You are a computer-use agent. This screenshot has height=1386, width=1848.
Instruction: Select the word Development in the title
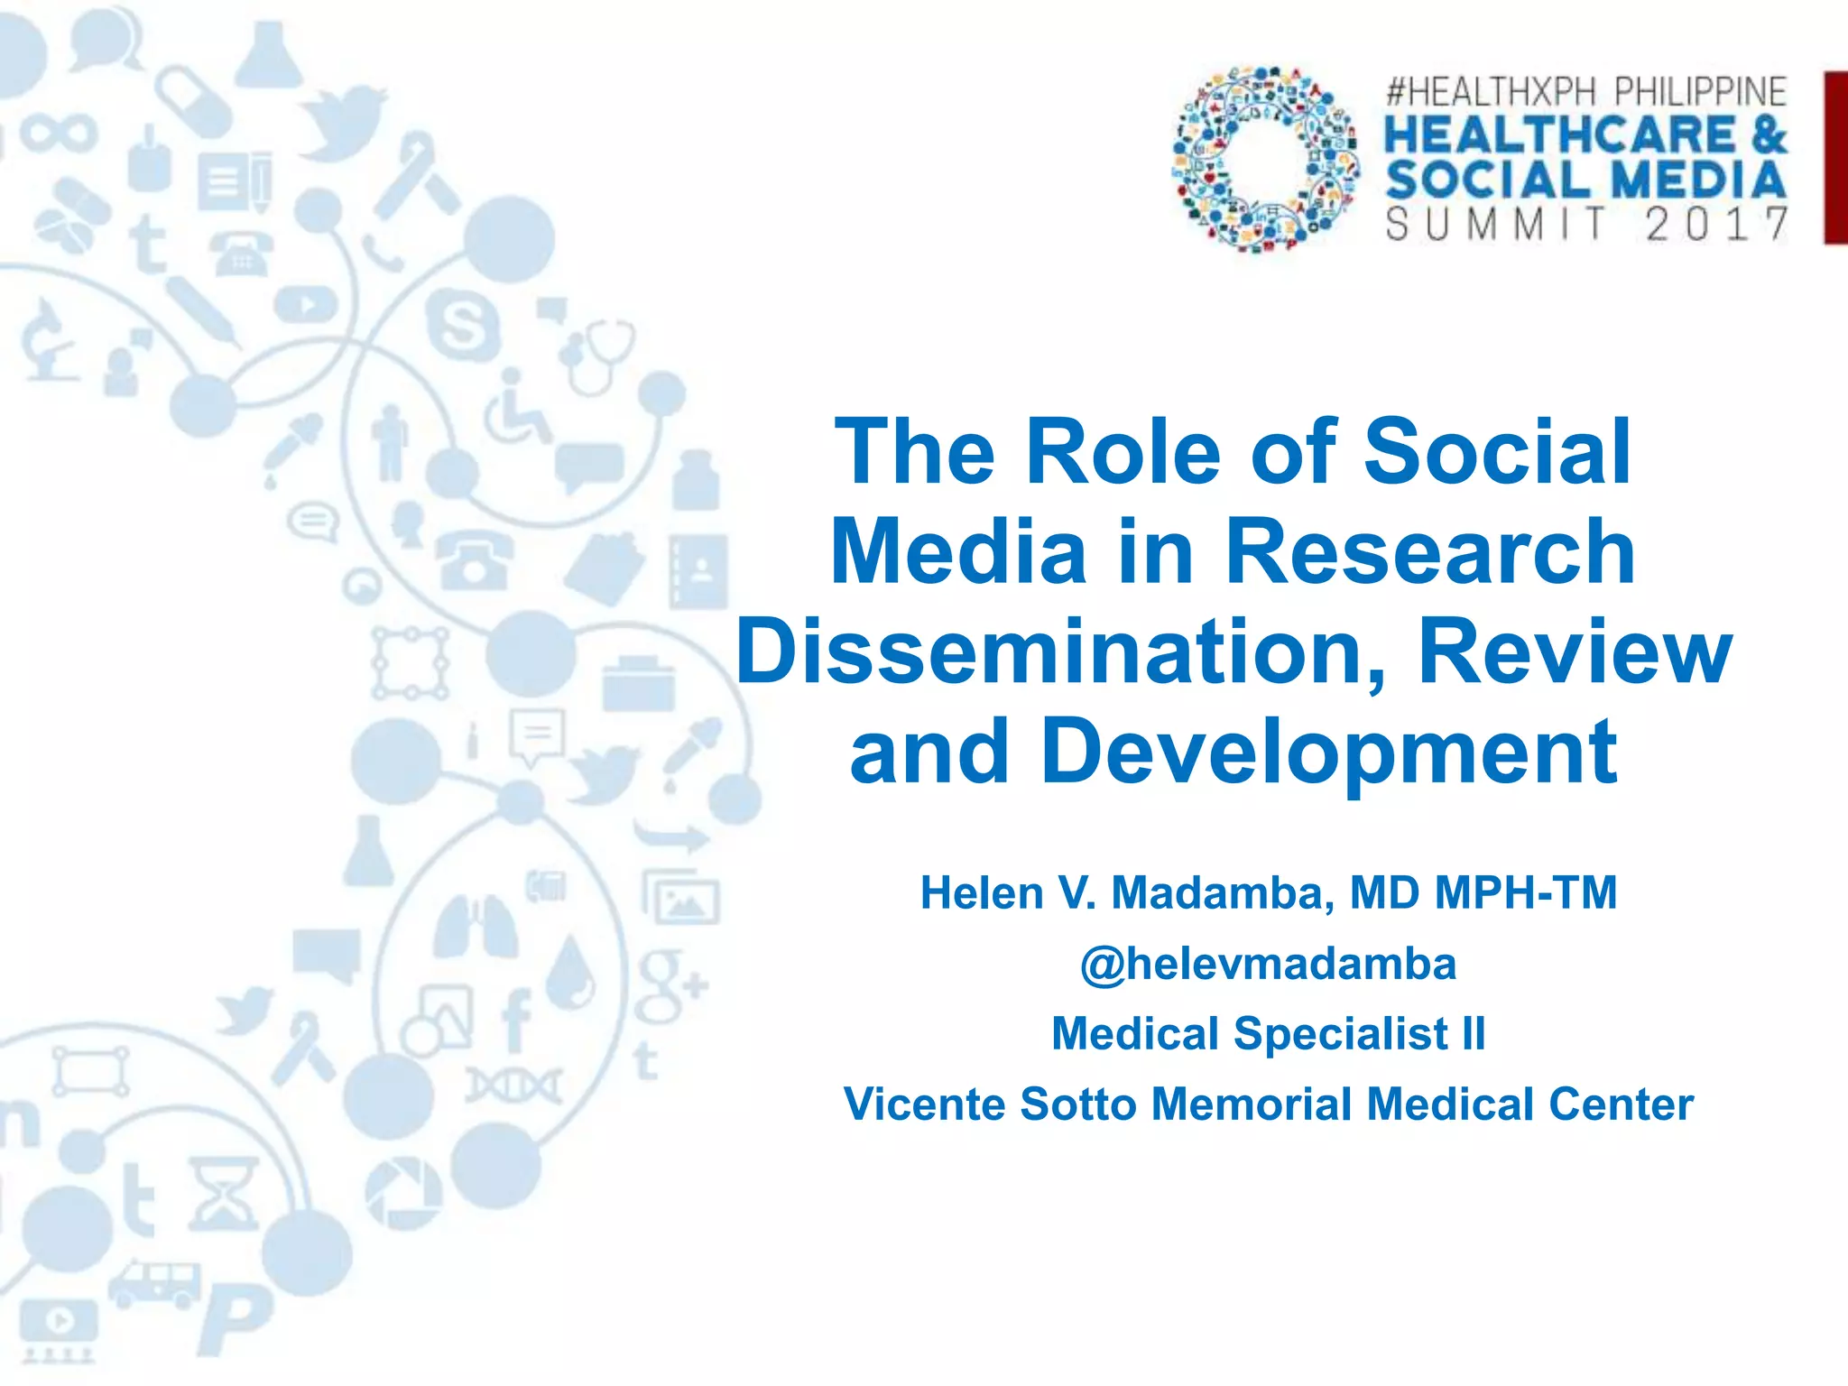1328,753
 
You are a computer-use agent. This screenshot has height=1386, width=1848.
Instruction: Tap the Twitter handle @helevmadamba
1268,964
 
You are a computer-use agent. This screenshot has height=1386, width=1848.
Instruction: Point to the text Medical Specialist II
1268,1033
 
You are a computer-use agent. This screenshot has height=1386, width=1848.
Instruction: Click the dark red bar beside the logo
1835,157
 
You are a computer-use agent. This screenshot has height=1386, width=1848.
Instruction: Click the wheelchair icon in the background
517,408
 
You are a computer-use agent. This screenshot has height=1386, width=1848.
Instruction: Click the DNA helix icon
513,1086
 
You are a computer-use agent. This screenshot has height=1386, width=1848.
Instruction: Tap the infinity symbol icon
59,134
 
